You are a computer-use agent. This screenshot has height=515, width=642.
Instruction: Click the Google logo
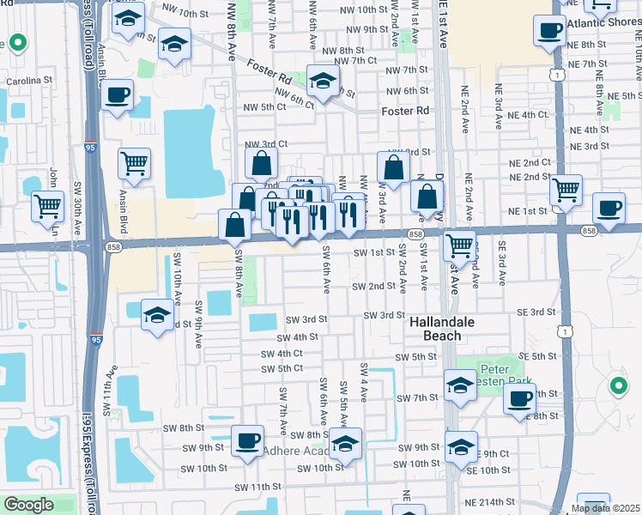tap(28, 505)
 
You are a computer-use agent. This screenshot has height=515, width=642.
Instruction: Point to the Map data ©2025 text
tap(605, 509)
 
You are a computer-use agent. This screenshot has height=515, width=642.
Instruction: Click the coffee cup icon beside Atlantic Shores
tap(549, 32)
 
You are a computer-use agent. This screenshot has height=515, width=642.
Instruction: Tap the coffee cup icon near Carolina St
tap(118, 94)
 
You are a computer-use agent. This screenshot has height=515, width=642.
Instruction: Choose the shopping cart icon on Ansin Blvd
tap(134, 163)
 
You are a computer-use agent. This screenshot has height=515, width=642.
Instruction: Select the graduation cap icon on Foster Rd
tap(323, 83)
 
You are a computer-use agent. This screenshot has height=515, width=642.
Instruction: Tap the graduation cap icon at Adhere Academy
tap(346, 444)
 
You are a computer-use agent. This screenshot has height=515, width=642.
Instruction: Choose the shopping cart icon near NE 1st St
tap(566, 190)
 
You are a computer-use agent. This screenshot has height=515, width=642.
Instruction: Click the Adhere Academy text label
tap(296, 451)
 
